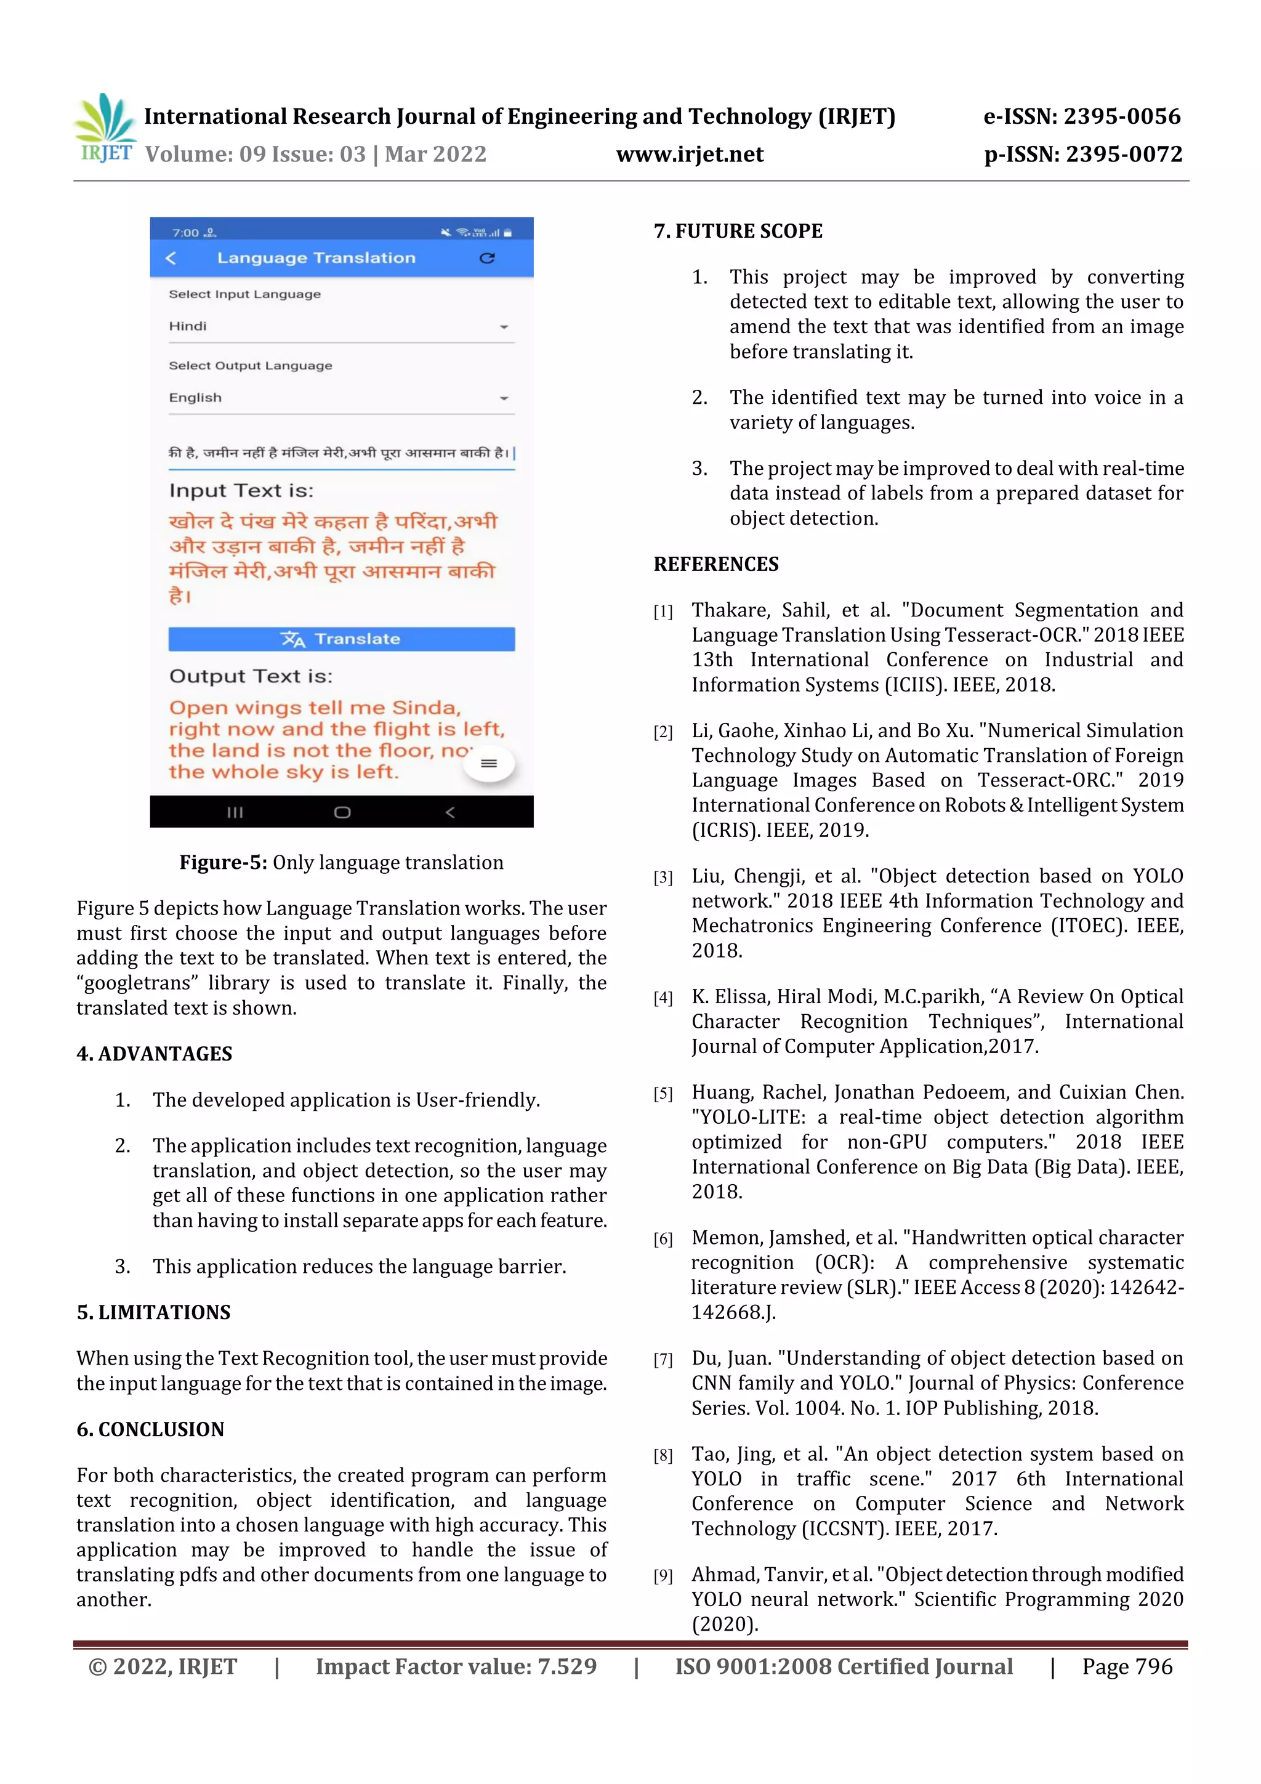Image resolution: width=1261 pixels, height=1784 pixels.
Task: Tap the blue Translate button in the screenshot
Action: pos(341,639)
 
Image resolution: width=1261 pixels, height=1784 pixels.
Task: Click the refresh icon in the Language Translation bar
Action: pos(487,258)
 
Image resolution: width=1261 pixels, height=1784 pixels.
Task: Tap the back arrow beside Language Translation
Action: pos(171,258)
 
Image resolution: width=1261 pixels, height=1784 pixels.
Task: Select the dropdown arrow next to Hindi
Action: pos(504,327)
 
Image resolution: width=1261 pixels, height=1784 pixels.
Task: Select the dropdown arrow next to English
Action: pos(504,398)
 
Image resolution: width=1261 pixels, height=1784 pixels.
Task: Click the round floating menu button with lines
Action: pos(489,763)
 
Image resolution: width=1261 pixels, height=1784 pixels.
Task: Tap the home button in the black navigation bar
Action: pos(342,812)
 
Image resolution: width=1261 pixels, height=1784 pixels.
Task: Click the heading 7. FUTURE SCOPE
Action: pos(738,231)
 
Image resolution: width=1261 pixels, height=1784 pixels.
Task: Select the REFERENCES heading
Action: pos(715,564)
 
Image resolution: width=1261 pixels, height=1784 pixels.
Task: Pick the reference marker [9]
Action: pos(663,1576)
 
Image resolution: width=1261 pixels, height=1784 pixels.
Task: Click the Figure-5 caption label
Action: pos(223,863)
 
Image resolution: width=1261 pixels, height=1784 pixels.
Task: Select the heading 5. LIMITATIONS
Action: pos(153,1312)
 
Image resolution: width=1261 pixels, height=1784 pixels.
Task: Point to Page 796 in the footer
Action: pos(1127,1666)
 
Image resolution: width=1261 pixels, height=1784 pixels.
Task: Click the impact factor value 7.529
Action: pos(567,1666)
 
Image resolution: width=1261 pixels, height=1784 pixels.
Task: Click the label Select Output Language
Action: pos(250,366)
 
